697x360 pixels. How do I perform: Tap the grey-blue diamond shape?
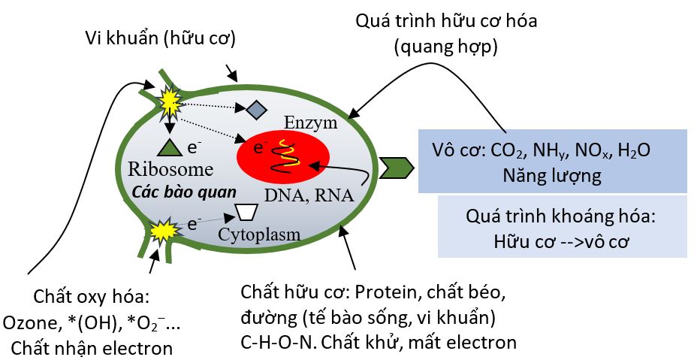[257, 110]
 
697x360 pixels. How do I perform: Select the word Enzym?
[311, 123]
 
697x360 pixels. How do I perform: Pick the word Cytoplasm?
[259, 234]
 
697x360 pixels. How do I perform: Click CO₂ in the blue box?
[510, 150]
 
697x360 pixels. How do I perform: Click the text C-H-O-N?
[275, 343]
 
